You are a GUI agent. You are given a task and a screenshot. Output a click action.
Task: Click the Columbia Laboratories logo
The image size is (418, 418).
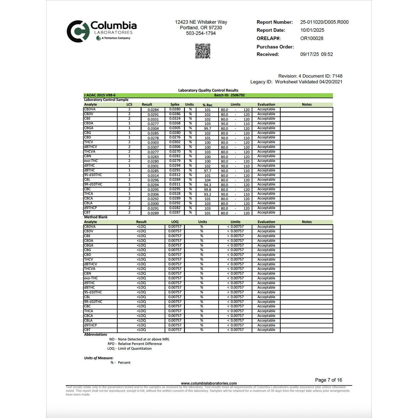point(102,31)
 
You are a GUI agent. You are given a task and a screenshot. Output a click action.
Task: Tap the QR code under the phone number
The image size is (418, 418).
point(202,51)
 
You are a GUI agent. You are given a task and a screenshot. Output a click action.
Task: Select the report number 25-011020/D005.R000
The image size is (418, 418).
point(324,22)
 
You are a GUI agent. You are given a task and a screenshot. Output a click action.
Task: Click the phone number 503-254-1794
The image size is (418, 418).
point(201,33)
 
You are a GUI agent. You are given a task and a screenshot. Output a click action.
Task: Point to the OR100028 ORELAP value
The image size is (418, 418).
point(312,38)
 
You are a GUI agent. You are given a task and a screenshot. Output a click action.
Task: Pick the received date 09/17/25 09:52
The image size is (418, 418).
point(316,54)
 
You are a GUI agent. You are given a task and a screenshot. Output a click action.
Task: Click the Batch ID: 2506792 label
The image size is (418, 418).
point(229,95)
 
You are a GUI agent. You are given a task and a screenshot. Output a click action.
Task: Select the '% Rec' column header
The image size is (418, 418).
point(207,105)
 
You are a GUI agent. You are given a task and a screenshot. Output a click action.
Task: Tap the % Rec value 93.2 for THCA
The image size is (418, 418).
point(207,194)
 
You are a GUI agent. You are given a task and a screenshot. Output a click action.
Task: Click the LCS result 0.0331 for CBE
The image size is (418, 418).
point(153,119)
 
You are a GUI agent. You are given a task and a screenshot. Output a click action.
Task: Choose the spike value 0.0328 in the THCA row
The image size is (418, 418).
point(175,194)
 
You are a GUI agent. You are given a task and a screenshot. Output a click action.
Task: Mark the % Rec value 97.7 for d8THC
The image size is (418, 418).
point(207,171)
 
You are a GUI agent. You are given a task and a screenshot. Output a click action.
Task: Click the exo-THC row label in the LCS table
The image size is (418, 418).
point(91,161)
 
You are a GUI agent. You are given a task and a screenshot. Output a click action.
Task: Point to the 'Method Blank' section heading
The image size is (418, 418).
point(96,217)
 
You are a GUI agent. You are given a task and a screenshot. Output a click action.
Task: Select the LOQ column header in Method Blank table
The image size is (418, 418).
point(175,222)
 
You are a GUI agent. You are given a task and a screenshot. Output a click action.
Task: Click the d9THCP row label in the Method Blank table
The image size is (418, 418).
point(91,325)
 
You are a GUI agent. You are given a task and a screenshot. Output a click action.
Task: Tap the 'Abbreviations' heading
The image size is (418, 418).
point(95,334)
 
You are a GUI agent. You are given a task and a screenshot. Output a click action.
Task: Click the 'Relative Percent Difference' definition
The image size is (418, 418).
point(140,344)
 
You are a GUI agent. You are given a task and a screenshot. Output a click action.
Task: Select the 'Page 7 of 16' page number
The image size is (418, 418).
point(328,380)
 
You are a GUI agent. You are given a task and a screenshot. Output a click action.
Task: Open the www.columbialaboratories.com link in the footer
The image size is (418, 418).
point(209,383)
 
